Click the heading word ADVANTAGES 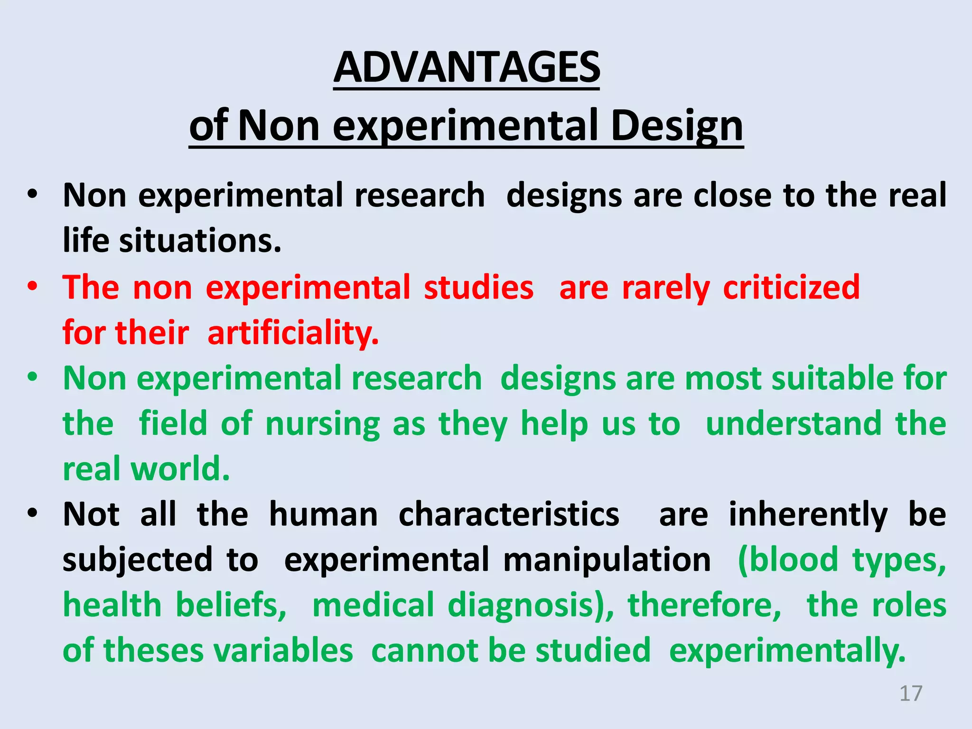(x=467, y=68)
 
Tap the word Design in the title (x=677, y=126)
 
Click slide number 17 (x=911, y=693)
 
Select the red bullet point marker (x=32, y=287)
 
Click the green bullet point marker (x=32, y=378)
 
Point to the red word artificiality (x=293, y=333)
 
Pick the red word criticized (x=791, y=288)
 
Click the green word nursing (x=322, y=424)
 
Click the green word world (x=180, y=469)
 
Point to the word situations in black (x=200, y=241)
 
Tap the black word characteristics (x=509, y=514)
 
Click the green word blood (x=789, y=560)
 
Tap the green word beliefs (x=231, y=605)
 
